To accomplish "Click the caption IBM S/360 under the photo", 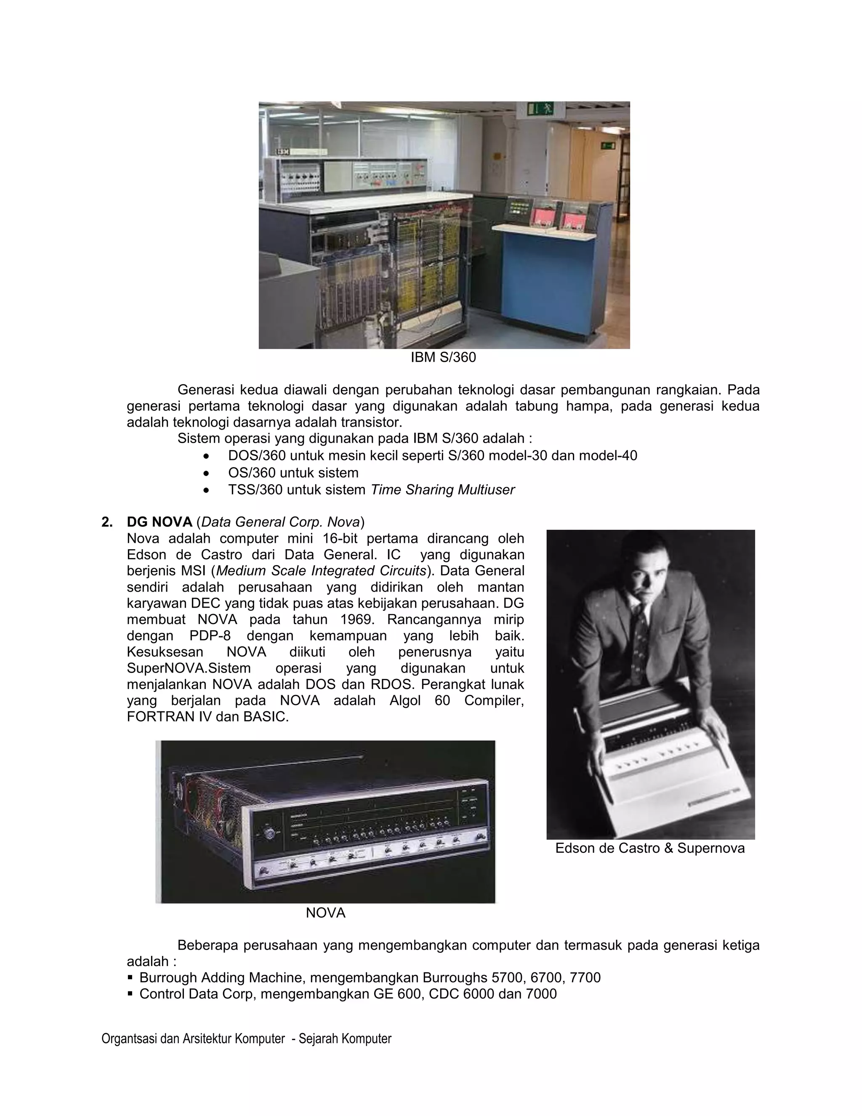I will click(443, 357).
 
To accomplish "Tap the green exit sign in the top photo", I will click(541, 108).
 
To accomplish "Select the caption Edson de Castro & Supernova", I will click(649, 848).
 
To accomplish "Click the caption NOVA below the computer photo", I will click(325, 913).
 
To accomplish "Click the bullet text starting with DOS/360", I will click(432, 455).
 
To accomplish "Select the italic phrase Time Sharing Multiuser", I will click(442, 489).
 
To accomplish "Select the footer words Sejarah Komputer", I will click(345, 1039).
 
